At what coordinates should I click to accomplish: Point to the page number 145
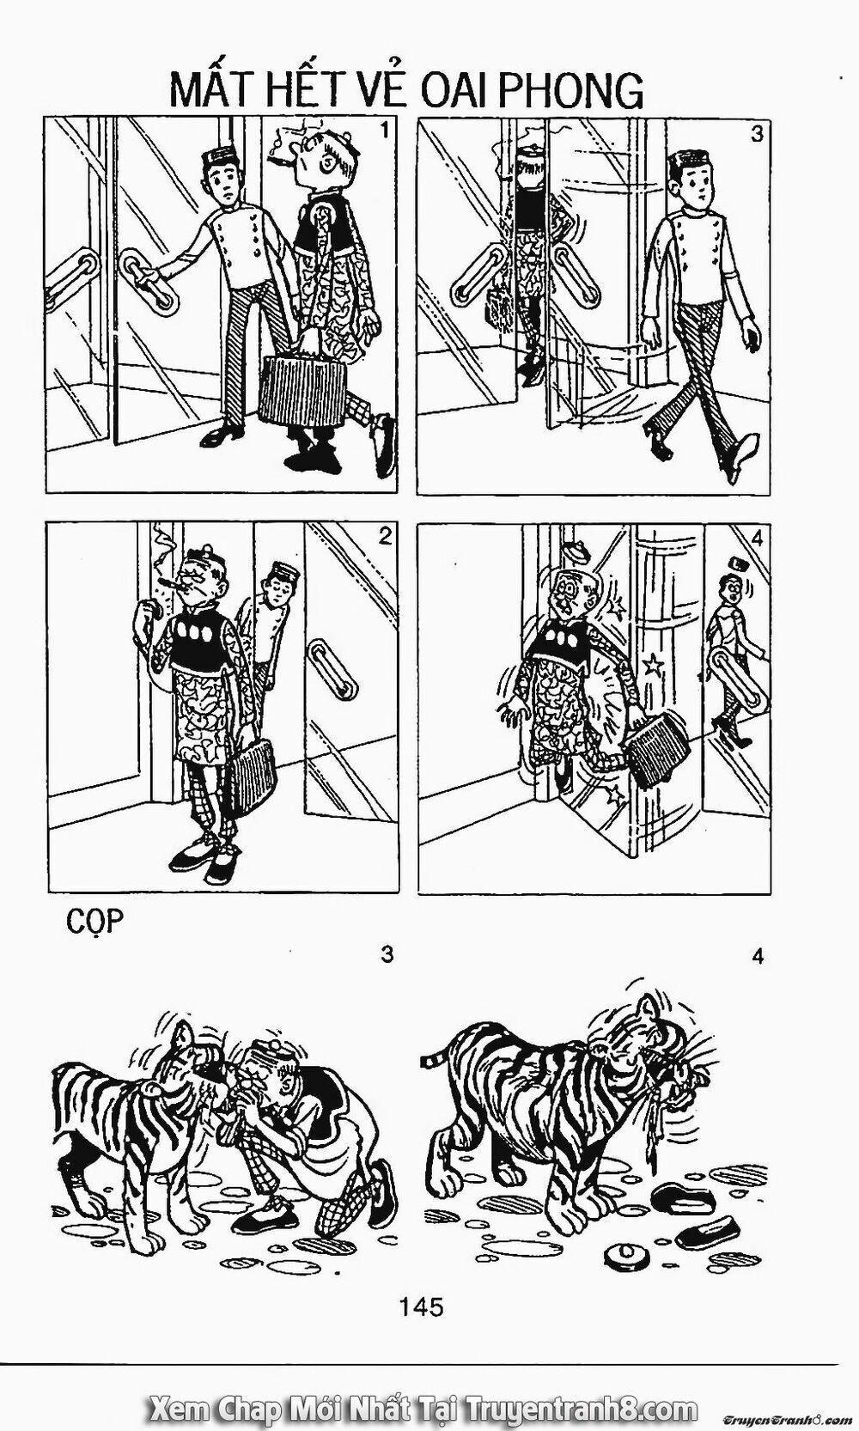[x=421, y=1306]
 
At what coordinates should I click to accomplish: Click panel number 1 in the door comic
[x=385, y=131]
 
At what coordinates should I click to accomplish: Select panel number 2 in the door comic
[x=385, y=537]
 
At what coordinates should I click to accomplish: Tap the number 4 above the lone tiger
[x=758, y=956]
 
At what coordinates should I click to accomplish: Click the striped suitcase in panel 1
[x=303, y=390]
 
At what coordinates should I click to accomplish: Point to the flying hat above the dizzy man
[x=577, y=551]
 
